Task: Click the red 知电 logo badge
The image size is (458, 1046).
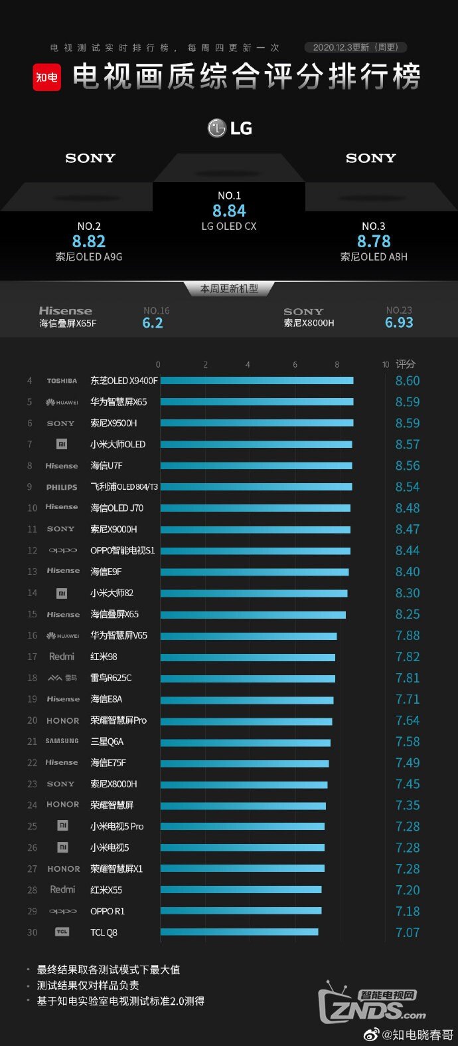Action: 47,77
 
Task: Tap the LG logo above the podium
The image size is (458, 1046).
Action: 230,128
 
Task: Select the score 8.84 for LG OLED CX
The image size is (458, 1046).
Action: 229,211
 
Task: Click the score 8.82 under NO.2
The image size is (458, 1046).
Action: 89,241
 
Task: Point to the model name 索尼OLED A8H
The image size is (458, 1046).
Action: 374,257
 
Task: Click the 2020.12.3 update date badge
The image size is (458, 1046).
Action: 355,47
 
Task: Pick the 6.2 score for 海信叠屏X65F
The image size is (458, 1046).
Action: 153,323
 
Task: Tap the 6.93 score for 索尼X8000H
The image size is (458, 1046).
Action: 399,322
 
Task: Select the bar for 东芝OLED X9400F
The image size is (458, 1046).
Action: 257,381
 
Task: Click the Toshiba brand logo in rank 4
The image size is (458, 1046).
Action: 62,381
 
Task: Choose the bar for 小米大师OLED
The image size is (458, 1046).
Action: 256,445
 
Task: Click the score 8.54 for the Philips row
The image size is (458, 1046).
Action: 408,487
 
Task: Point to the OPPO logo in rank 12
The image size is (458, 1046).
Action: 62,551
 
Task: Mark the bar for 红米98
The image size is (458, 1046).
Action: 248,657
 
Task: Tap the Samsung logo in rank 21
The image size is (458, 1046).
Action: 62,741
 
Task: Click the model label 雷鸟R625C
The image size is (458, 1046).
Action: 111,678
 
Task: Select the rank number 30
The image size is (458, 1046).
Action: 32,932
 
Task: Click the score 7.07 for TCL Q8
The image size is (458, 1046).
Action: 408,932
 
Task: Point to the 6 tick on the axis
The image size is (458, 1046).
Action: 295,364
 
